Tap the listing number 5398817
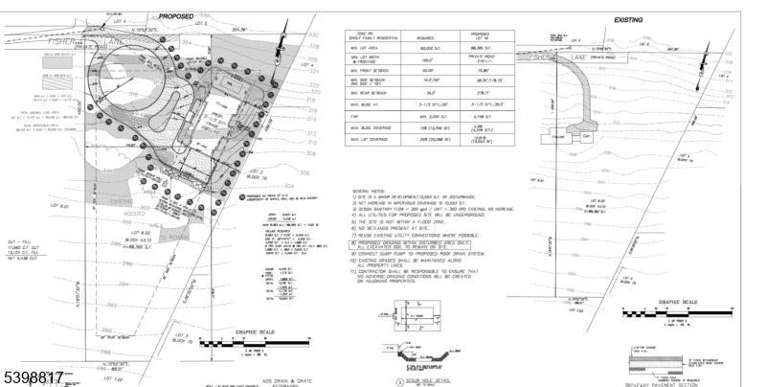click(x=33, y=377)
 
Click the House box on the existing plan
click(x=559, y=137)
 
